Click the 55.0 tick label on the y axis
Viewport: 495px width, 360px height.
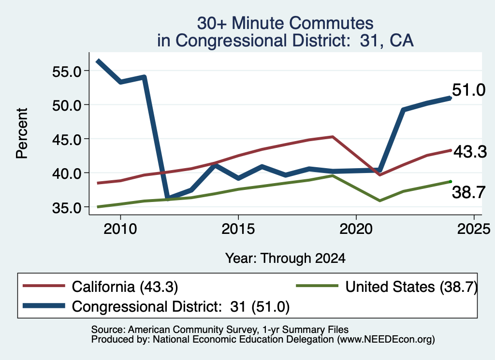coord(67,72)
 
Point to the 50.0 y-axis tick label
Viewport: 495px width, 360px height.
coord(67,106)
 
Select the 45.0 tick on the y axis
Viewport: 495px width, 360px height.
coord(67,140)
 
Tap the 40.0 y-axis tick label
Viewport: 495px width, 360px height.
coord(67,173)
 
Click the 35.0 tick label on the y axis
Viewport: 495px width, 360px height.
coord(67,208)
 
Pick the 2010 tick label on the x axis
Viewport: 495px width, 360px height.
coord(120,229)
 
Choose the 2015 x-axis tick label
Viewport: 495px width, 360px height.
coord(238,229)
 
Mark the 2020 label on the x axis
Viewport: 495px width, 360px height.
coord(356,229)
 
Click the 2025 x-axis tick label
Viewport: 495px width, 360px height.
coord(474,229)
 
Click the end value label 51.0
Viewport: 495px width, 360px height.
coord(469,90)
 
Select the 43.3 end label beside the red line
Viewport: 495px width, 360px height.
coord(470,152)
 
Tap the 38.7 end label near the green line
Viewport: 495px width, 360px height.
coord(469,192)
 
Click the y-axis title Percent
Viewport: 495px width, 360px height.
coord(22,133)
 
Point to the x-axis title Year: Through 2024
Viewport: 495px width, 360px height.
coord(285,258)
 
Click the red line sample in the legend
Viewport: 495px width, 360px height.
coord(44,286)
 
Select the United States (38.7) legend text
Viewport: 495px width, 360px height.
coord(411,287)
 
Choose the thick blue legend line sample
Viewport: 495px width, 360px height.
coord(44,306)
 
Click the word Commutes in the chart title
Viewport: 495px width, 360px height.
coord(332,23)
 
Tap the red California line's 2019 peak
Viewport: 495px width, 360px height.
coord(333,137)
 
